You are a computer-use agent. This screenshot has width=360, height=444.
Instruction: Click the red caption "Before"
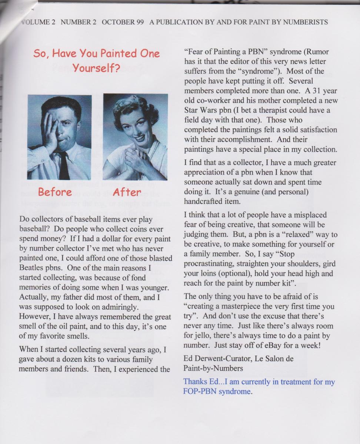click(55, 192)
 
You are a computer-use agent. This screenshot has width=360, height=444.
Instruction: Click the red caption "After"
click(127, 192)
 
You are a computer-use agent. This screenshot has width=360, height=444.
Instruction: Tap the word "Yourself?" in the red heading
click(96, 68)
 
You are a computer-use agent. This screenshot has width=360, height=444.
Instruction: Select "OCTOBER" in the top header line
click(117, 22)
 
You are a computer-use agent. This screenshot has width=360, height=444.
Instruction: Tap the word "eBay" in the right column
click(274, 346)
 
